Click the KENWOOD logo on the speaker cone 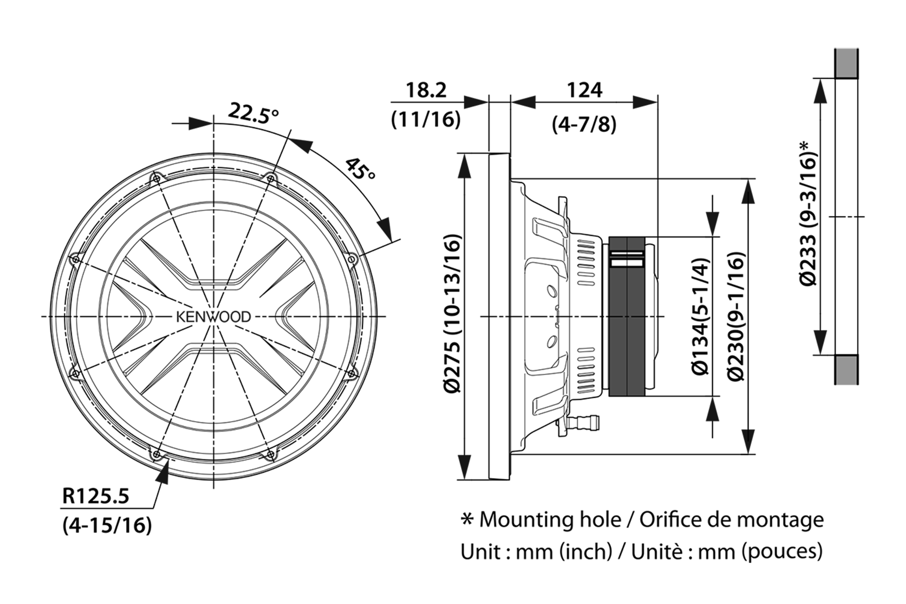[213, 317]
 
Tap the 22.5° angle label [253, 113]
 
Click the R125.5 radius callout [96, 496]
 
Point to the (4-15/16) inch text [107, 525]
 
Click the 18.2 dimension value [426, 90]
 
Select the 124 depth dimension [584, 90]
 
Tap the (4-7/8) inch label [584, 125]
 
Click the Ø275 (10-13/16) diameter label [452, 313]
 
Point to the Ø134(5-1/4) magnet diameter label [700, 316]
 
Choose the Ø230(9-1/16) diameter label [736, 316]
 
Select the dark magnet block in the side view [627, 316]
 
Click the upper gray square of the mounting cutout [847, 63]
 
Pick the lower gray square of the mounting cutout [847, 369]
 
